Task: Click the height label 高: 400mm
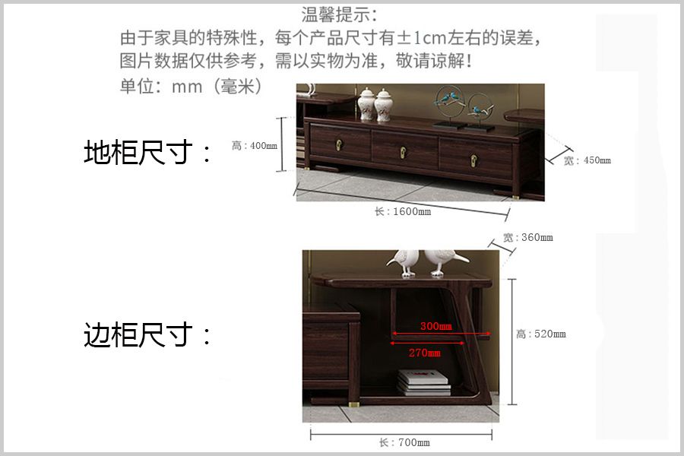point(255,145)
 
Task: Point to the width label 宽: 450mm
point(587,160)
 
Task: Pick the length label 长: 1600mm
point(403,211)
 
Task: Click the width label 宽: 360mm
point(528,237)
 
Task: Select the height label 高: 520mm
point(541,334)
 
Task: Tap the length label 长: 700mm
point(404,442)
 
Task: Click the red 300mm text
point(435,326)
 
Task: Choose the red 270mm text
point(424,353)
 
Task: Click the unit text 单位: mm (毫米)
point(191,87)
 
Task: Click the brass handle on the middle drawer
point(404,152)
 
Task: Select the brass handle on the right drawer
point(473,160)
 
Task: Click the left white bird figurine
point(405,262)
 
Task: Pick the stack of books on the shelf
point(423,383)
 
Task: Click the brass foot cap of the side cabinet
point(353,404)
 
